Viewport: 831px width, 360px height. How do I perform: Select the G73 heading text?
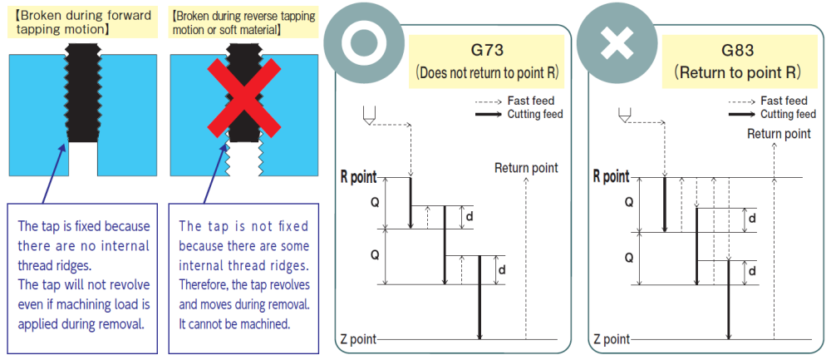(487, 50)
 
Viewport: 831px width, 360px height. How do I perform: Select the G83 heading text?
(738, 50)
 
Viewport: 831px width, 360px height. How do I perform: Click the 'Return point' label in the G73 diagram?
(526, 168)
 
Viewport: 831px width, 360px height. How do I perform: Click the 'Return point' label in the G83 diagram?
(779, 133)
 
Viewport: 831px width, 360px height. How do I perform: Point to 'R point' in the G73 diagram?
(357, 176)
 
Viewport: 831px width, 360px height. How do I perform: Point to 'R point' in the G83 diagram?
(611, 176)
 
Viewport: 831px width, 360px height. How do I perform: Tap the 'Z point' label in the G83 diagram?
(610, 339)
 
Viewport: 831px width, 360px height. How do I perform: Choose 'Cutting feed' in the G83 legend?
(788, 114)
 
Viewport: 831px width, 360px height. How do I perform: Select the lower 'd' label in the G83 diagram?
(752, 271)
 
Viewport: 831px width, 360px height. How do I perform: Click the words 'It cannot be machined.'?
(234, 323)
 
